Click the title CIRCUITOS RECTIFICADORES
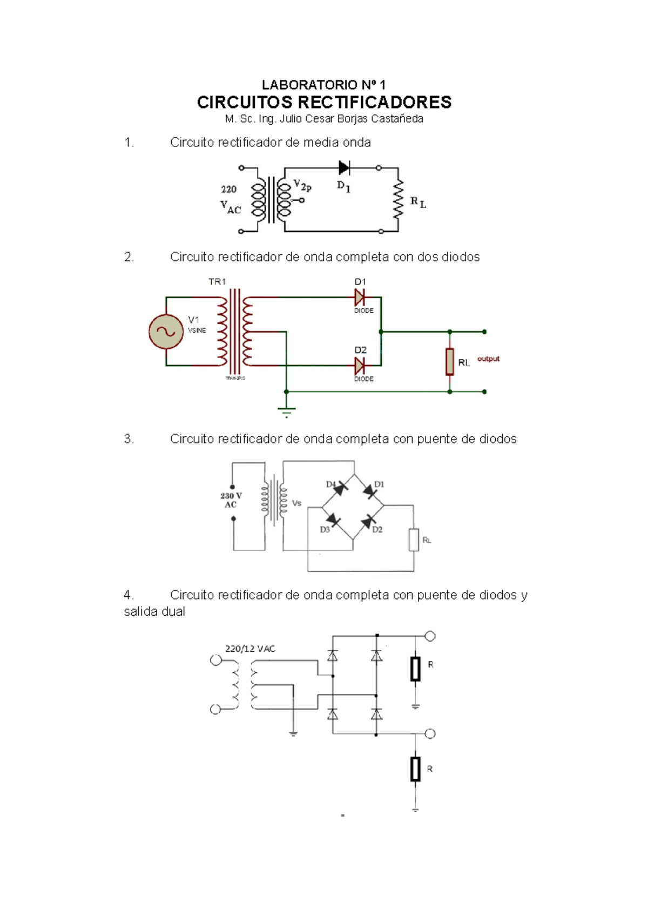324,102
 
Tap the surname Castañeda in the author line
397,119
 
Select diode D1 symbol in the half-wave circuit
344,168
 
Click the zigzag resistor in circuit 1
399,200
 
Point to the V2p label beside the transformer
302,186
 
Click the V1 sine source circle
166,332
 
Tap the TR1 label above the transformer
217,281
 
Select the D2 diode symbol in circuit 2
359,366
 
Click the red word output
488,359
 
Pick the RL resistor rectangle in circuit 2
450,362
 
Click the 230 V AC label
231,500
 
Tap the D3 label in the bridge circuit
325,530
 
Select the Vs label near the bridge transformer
296,503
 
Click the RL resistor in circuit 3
414,540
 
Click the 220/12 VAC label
250,649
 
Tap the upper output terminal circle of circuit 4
430,636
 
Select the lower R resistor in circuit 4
415,769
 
